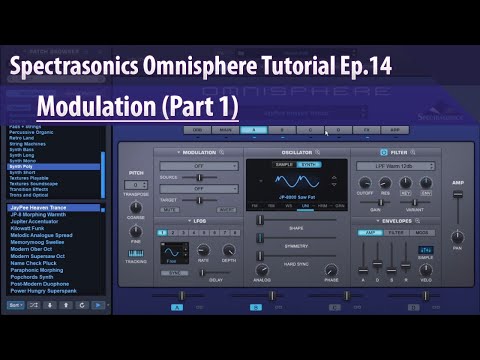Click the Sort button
click(x=15, y=305)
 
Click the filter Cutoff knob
click(x=365, y=183)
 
